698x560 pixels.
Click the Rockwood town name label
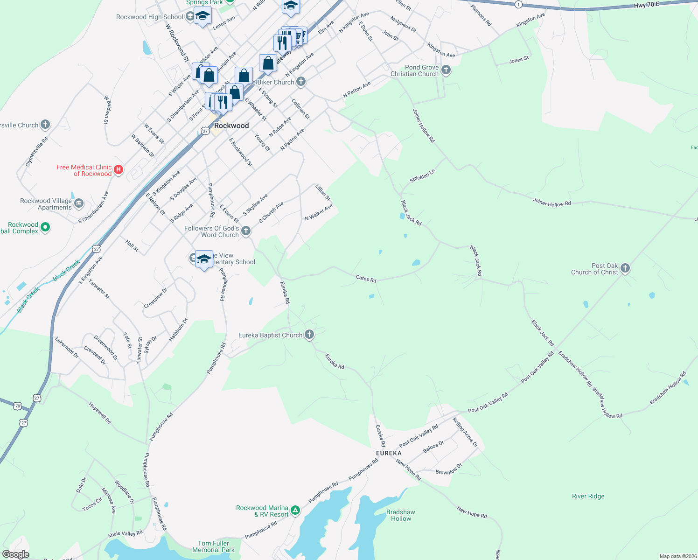[231, 126]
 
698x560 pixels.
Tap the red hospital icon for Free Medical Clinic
[119, 170]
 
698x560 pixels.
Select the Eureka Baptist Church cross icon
[309, 334]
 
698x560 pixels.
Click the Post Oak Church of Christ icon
[625, 268]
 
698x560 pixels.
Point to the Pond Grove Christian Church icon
[446, 70]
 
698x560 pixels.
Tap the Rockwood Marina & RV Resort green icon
[295, 511]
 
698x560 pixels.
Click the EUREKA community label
[389, 453]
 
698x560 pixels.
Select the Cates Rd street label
[366, 279]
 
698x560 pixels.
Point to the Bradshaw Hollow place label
[401, 515]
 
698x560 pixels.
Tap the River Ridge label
[588, 496]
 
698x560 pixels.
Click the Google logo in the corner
[15, 554]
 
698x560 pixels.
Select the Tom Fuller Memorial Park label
[213, 546]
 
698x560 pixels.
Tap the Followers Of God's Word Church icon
[246, 231]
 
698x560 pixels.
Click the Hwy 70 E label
[646, 5]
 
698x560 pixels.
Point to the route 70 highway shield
[17, 406]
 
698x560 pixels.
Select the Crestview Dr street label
[155, 298]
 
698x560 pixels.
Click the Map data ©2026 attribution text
[678, 556]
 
